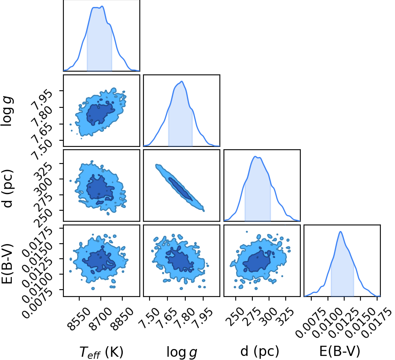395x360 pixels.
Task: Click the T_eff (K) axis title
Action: coord(101,352)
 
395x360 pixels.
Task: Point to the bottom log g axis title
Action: coord(182,352)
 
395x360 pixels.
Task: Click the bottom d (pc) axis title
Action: coord(260,351)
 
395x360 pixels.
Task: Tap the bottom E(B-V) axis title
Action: coord(340,351)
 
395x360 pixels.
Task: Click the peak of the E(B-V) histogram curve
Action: coord(341,231)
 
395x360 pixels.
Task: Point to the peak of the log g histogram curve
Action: coord(182,81)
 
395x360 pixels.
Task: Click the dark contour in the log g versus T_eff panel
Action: coord(100,113)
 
